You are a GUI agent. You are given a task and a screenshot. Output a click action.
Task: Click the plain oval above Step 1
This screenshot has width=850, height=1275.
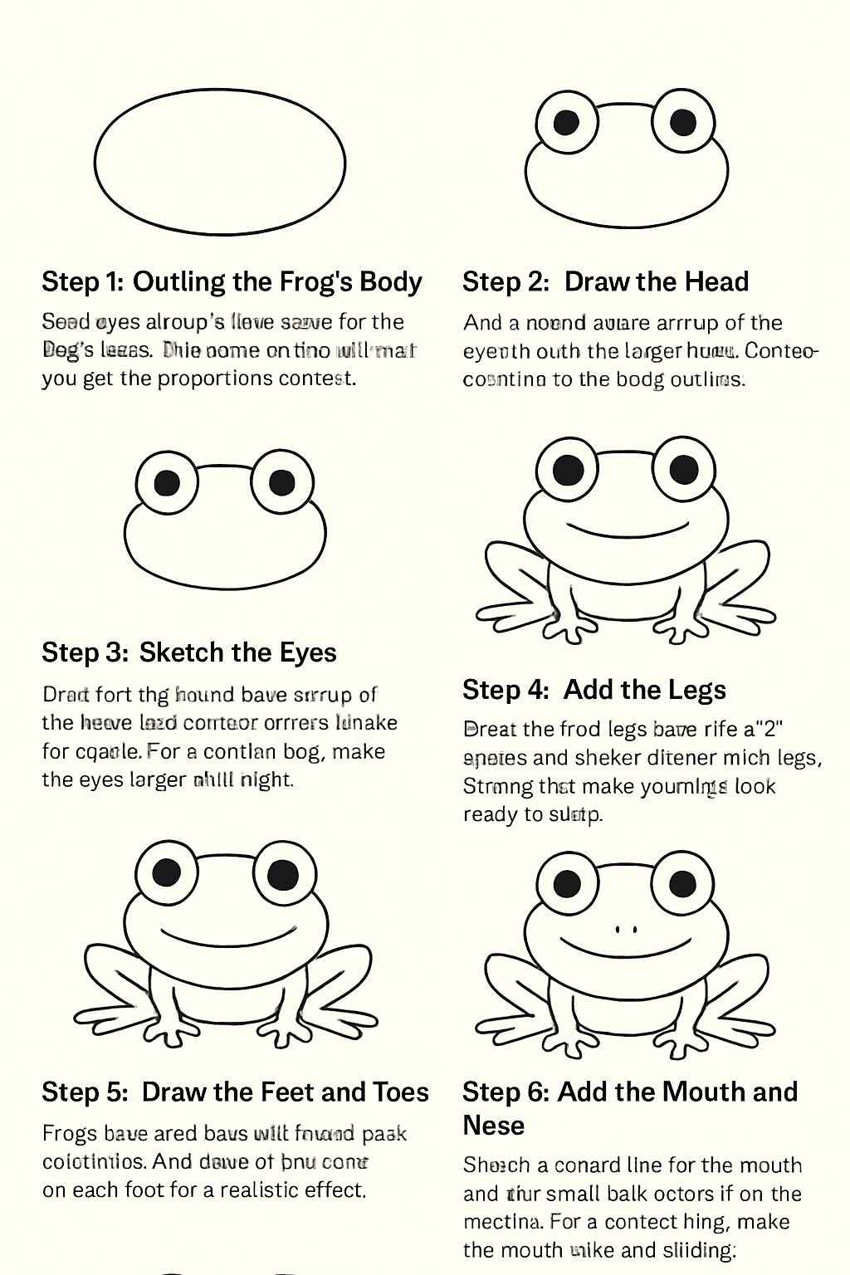pos(220,162)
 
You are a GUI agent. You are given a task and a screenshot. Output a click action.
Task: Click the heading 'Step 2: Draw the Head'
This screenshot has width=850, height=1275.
pos(605,282)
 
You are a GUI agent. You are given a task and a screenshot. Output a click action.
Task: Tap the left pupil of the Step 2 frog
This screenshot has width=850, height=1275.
pos(567,123)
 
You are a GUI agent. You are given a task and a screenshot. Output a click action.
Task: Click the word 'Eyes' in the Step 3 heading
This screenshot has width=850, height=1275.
pos(307,652)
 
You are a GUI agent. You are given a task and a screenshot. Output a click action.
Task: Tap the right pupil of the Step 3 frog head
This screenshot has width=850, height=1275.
pos(282,481)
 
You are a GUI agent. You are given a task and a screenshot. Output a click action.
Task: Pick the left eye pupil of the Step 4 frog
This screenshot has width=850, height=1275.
pos(568,468)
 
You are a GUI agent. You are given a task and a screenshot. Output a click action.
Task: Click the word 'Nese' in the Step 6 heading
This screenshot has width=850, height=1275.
pos(493,1126)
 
